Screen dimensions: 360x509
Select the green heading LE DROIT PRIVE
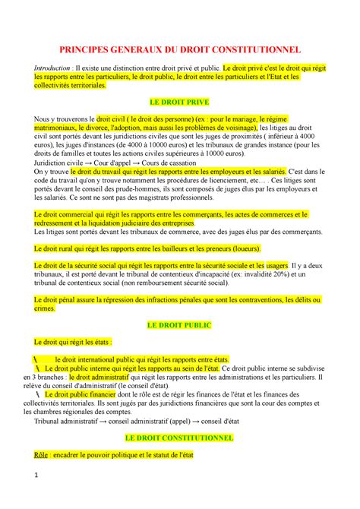click(x=180, y=101)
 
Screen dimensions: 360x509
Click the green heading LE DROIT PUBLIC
click(x=180, y=325)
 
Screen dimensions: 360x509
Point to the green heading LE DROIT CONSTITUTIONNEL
click(x=180, y=439)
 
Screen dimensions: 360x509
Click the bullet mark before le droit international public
click(x=36, y=359)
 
